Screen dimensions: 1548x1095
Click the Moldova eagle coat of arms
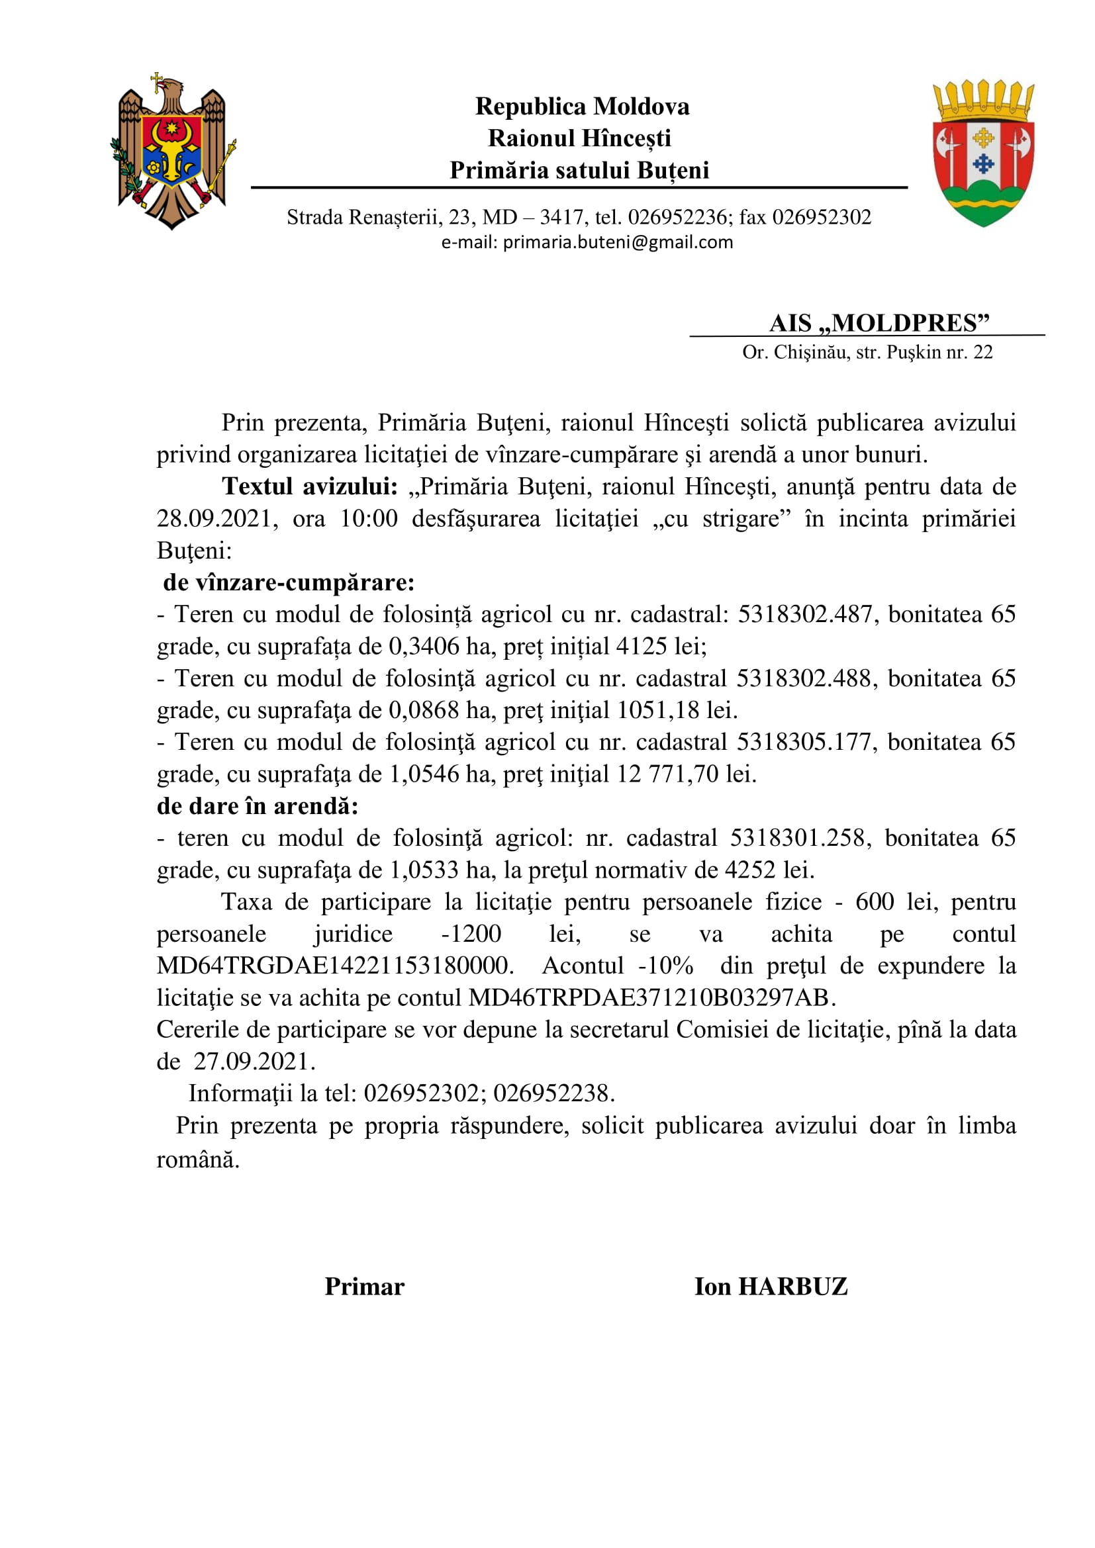173,152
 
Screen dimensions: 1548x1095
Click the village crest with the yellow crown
983,153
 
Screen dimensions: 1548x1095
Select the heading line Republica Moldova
582,107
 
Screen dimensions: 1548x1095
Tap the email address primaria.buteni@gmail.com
618,242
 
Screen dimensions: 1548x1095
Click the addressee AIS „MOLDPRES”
879,323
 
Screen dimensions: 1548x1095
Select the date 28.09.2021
214,519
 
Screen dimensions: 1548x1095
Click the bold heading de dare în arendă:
258,805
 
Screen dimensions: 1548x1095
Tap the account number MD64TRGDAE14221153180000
335,966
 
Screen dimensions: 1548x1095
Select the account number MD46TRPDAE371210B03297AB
648,997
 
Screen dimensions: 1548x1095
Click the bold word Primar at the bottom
364,1287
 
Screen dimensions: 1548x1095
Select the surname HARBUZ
793,1287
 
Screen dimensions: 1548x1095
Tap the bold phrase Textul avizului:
310,487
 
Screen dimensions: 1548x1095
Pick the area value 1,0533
424,870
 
